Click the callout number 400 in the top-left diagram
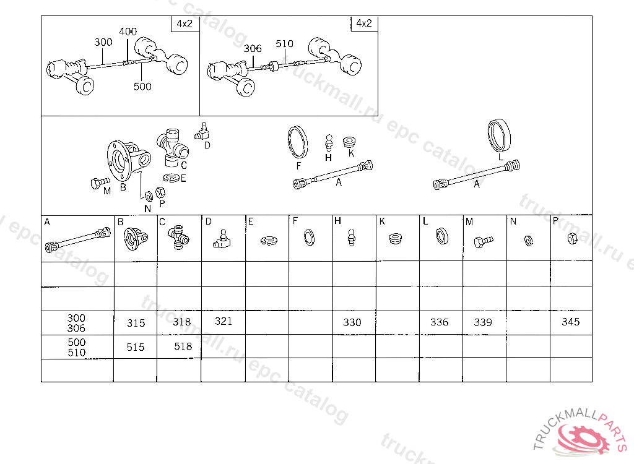click(128, 32)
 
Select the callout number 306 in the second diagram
click(253, 48)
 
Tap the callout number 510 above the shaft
click(284, 44)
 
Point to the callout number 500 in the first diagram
click(142, 87)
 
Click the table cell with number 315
click(136, 322)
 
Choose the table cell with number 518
click(179, 346)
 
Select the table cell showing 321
click(223, 322)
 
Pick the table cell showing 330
click(354, 322)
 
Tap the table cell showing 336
click(441, 322)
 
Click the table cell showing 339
click(485, 322)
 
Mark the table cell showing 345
click(571, 322)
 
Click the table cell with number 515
click(136, 347)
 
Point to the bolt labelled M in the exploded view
click(100, 183)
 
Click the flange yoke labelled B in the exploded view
click(128, 160)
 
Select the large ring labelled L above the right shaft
click(499, 135)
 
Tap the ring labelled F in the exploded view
click(298, 142)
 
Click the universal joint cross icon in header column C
click(178, 238)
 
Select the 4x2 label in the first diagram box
click(185, 24)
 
